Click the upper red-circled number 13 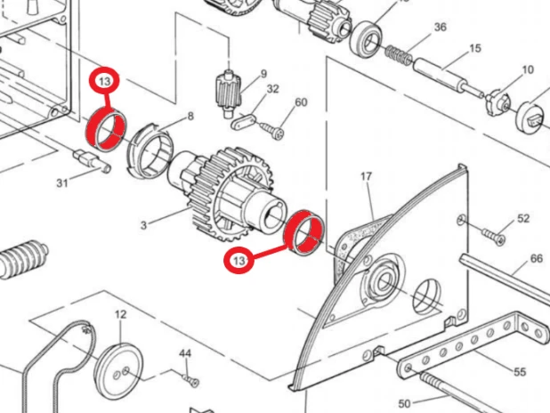click(x=104, y=81)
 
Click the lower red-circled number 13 click(x=239, y=261)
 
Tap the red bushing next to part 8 click(x=106, y=129)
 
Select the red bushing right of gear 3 click(x=304, y=232)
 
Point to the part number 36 click(x=441, y=27)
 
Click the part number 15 click(x=475, y=48)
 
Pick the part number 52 click(x=523, y=218)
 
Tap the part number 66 click(x=537, y=259)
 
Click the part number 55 click(x=520, y=372)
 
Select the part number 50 click(x=404, y=403)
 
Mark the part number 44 click(x=185, y=353)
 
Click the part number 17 click(x=366, y=176)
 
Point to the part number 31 click(x=62, y=182)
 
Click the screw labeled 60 click(x=272, y=130)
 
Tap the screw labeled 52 click(x=494, y=237)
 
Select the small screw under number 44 click(x=191, y=380)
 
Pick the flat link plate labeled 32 click(x=244, y=121)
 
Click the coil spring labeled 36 click(x=399, y=54)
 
